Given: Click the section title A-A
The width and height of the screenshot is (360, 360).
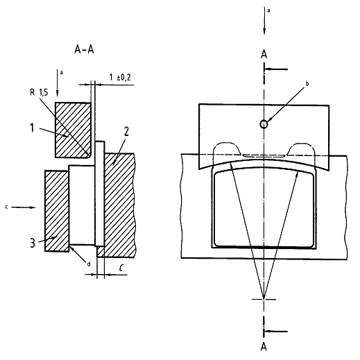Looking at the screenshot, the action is point(84,50).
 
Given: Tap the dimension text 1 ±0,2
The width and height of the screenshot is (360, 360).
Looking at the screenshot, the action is point(120,77).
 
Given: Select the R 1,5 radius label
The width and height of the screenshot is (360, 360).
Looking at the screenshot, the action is point(39,92).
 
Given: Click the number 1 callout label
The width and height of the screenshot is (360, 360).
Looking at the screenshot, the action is point(32,128).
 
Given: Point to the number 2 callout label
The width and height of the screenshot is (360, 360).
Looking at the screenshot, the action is point(126,132).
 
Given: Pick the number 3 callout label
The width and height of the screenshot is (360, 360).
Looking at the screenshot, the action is point(33,243).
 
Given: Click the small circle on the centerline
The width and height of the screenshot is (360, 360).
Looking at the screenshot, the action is point(264,124).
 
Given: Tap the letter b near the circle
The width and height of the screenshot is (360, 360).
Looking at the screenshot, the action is point(307,84).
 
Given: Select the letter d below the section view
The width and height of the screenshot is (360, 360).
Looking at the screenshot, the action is point(89,264).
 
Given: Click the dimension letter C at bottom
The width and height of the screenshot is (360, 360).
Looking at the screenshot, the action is point(121,268).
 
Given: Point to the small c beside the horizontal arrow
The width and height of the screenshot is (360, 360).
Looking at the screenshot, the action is point(6,207).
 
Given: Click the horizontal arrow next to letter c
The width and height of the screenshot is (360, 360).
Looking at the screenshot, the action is point(24,207).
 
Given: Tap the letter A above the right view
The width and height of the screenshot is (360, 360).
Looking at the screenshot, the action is point(264,55).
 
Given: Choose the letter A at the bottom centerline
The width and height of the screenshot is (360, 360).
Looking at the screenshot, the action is point(264,347).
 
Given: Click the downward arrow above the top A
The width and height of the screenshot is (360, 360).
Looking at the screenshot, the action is point(264,21).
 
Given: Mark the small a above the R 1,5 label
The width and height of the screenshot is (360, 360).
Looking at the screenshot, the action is point(62,73).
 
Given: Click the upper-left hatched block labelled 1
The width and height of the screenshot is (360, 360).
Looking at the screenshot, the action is point(73,130).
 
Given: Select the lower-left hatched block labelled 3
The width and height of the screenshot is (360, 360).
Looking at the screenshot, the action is point(57,211).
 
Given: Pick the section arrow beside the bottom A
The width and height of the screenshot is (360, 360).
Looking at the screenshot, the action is point(276,332).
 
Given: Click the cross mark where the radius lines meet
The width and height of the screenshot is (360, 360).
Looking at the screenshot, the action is point(264,300).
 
